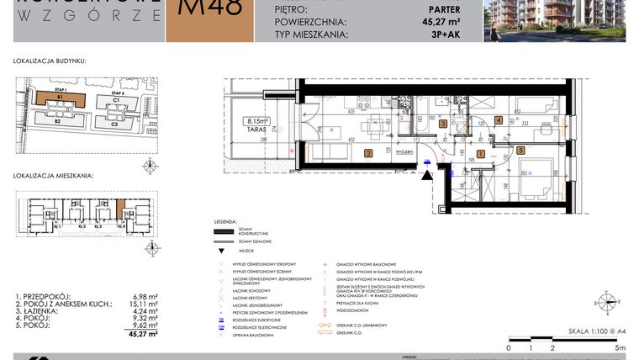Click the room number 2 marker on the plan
[x=368, y=153]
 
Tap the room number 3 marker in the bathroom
[x=443, y=124]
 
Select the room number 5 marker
[x=521, y=151]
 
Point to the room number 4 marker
[x=499, y=120]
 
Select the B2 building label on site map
[x=57, y=123]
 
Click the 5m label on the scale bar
[x=620, y=347]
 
